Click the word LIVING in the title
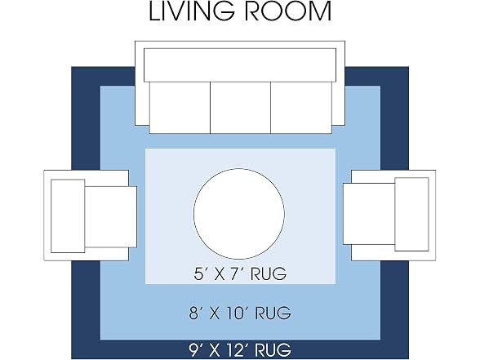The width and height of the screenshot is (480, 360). tap(192, 11)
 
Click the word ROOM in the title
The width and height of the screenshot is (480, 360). tap(288, 11)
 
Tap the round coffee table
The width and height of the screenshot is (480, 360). tap(239, 214)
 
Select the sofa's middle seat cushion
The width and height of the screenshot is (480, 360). tap(240, 108)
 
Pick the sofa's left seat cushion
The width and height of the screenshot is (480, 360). tap(180, 108)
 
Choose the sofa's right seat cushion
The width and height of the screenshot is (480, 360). tap(301, 108)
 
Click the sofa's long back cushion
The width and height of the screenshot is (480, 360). tap(240, 65)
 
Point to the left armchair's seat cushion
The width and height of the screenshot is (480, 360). tap(110, 217)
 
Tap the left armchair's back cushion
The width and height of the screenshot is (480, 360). tap(68, 216)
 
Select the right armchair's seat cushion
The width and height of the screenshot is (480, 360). tap(369, 214)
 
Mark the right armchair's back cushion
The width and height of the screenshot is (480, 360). tap(411, 214)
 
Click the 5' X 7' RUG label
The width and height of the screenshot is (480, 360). tap(240, 273)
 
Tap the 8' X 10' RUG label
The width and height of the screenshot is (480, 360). tap(240, 313)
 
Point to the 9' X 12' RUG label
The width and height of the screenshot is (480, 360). tap(240, 349)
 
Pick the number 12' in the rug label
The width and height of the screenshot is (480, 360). tap(237, 349)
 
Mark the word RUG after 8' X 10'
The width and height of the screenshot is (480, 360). tap(273, 313)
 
